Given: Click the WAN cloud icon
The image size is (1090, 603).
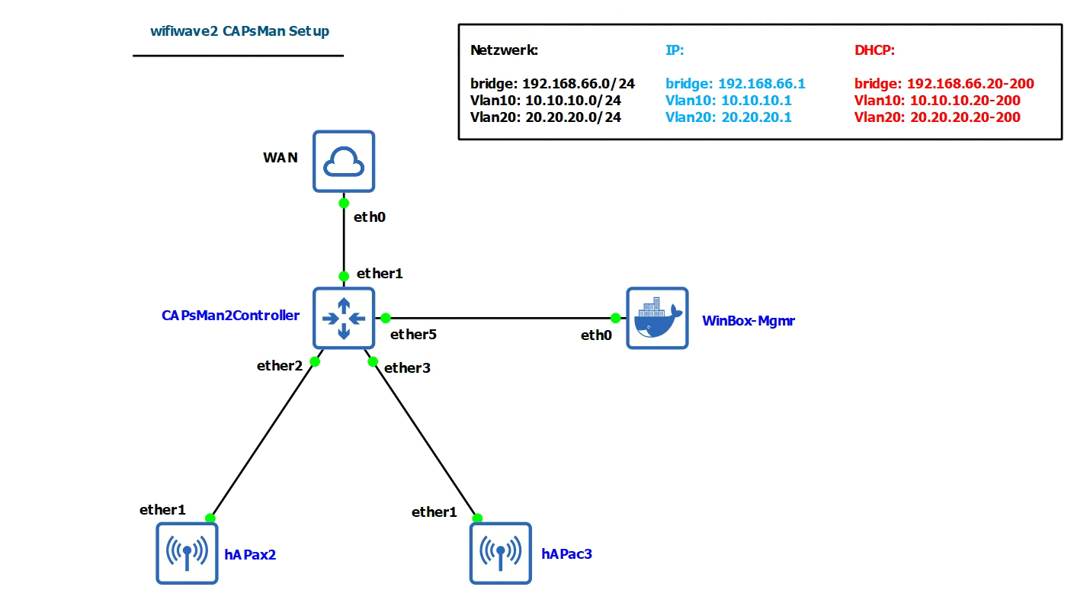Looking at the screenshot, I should tap(344, 161).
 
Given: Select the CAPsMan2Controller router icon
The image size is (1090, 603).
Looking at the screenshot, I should tap(344, 318).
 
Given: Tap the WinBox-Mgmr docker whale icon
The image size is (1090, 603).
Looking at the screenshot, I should tap(657, 318).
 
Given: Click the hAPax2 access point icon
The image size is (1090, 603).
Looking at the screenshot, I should tap(187, 553).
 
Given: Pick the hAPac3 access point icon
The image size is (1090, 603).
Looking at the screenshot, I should tap(500, 553).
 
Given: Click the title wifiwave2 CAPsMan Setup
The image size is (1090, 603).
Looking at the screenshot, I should tap(239, 31).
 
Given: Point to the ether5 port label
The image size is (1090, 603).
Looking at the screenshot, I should tap(413, 334).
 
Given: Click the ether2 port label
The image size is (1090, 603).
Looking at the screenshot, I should tap(279, 365).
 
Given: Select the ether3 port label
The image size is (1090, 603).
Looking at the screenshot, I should tap(407, 368).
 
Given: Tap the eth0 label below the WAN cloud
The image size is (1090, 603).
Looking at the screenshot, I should tap(370, 217).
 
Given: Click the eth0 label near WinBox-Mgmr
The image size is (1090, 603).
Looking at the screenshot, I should tap(596, 335).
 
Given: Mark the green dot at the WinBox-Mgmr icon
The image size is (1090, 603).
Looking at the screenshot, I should tap(615, 318).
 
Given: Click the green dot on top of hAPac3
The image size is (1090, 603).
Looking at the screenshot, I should tap(477, 518).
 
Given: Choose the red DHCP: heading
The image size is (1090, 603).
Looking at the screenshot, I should tap(874, 51).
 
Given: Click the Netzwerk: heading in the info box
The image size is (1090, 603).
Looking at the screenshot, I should tap(504, 51).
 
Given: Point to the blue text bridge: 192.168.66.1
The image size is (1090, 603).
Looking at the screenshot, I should tap(735, 84).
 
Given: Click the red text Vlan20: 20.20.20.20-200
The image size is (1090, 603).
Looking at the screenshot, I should tap(937, 117).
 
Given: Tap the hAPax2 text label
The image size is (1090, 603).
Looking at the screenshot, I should tap(250, 554).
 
